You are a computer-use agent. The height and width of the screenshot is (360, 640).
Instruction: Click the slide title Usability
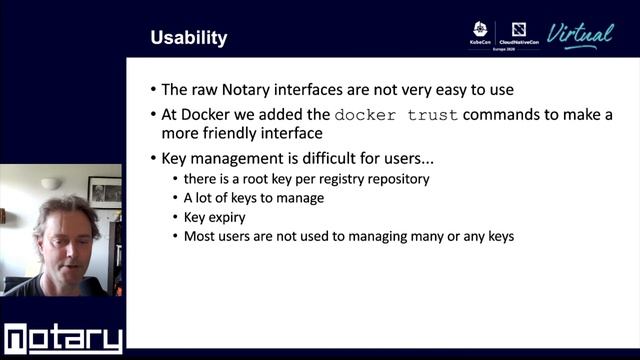point(188,38)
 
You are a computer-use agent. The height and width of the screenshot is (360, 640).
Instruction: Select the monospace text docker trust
point(396,114)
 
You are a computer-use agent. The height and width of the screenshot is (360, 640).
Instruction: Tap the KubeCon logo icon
point(480,30)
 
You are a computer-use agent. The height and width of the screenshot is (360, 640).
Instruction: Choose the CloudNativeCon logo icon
point(519,30)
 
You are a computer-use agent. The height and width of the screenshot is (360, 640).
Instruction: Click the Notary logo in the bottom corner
point(62,339)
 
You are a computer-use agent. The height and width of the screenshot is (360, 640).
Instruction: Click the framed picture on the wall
point(104,191)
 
